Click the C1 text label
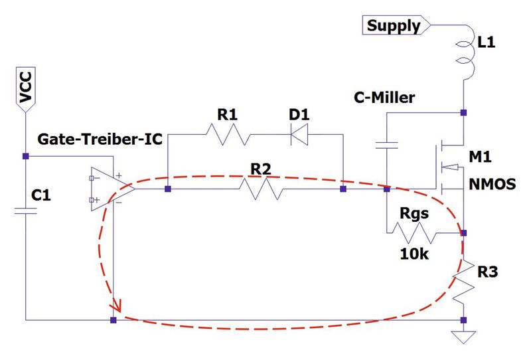43,197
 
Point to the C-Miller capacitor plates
386,144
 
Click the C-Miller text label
384,98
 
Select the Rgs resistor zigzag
415,232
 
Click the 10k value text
414,254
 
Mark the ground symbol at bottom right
463,336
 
